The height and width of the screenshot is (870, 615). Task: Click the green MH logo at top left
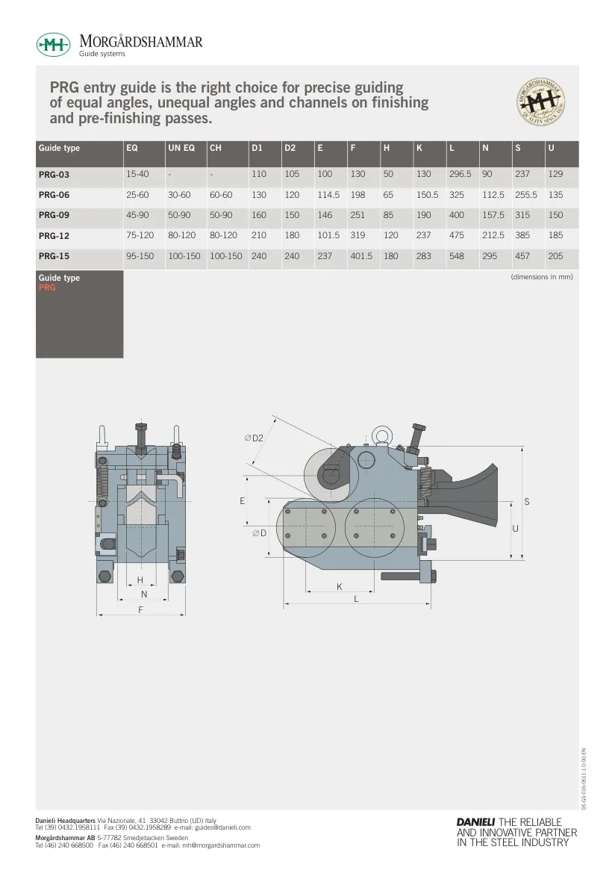coord(53,45)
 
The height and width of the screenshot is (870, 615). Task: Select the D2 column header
coord(290,148)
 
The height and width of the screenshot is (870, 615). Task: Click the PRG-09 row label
coord(54,215)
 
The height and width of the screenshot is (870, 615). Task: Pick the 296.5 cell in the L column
coord(460,174)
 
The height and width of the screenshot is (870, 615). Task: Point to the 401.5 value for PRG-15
coord(361,256)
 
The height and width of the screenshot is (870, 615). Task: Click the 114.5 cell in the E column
coord(328,195)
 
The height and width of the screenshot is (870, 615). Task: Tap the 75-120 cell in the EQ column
coord(140,235)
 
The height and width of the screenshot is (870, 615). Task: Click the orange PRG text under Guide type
coord(47,288)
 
